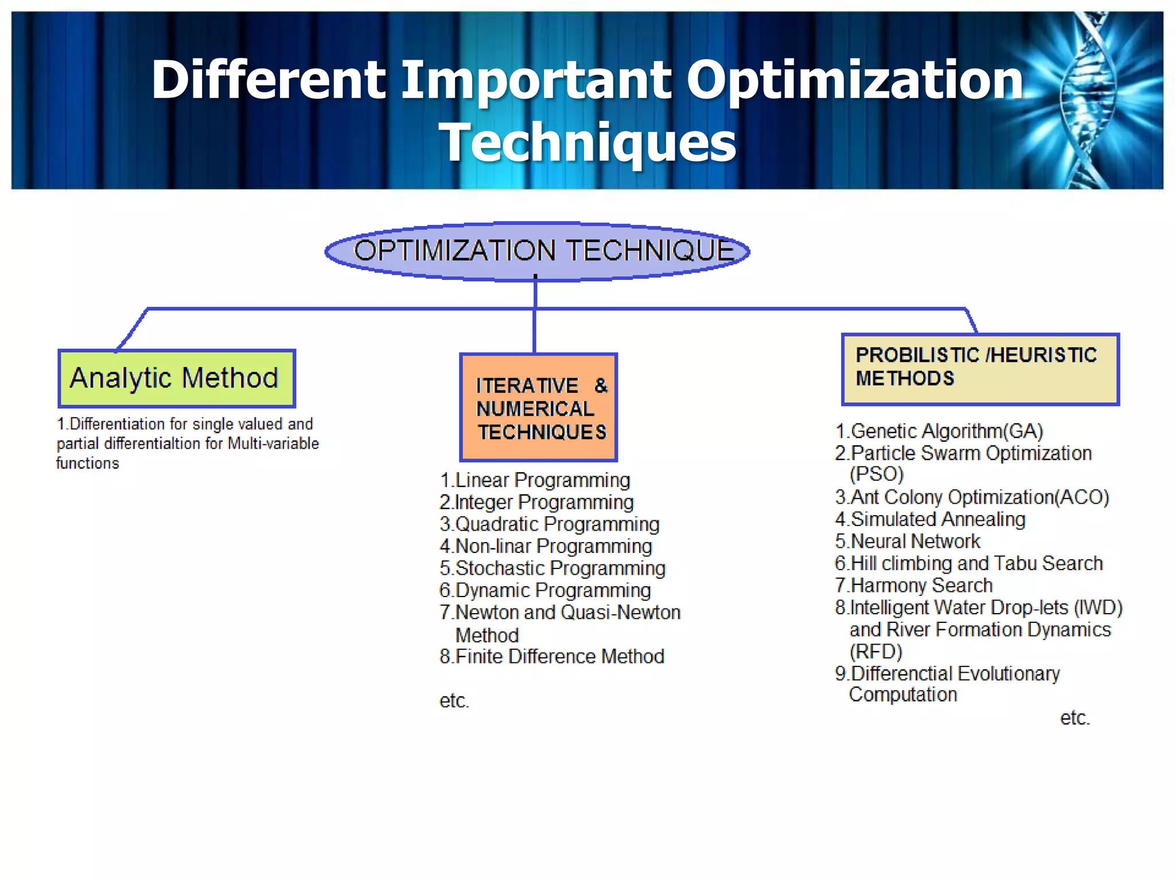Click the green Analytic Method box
point(177,379)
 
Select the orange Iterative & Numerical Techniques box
point(538,408)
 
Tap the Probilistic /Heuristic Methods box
point(980,369)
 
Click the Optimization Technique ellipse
point(537,251)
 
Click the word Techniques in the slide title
point(587,142)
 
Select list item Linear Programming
point(535,480)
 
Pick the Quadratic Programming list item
point(550,524)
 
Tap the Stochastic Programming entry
point(553,568)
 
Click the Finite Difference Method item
point(552,656)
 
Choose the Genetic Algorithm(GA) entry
point(939,431)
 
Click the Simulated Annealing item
point(930,519)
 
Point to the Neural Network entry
point(908,541)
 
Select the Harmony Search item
point(914,585)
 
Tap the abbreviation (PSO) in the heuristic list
point(877,474)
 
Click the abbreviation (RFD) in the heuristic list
point(876,652)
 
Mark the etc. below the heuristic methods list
point(1075,718)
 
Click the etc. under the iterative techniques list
point(454,700)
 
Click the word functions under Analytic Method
point(88,463)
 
